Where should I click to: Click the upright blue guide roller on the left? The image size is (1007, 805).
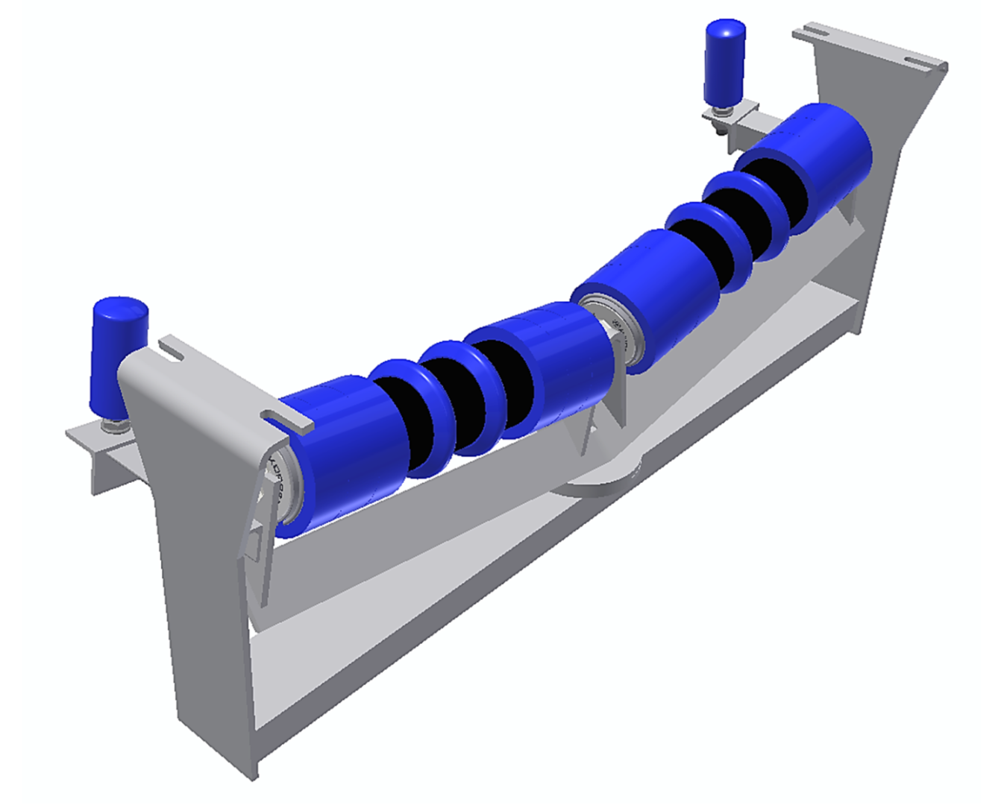pos(118,356)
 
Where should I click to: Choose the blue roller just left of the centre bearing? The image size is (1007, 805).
pos(552,365)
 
